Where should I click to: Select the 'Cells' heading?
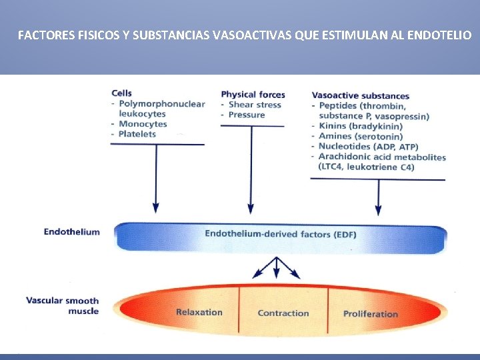point(122,93)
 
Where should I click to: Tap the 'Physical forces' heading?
point(253,95)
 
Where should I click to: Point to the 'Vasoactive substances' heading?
point(360,95)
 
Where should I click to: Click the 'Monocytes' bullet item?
point(142,124)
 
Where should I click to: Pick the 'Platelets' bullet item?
point(137,134)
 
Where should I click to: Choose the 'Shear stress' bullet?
point(255,105)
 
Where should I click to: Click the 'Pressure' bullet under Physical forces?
point(247,115)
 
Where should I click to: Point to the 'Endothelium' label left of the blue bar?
point(72,232)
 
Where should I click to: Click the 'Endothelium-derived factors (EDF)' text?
point(281,234)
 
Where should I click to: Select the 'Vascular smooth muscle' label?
point(63,305)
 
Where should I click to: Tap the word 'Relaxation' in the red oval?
point(199,312)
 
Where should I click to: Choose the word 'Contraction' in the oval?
point(283,313)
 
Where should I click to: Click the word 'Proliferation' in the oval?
point(370,313)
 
